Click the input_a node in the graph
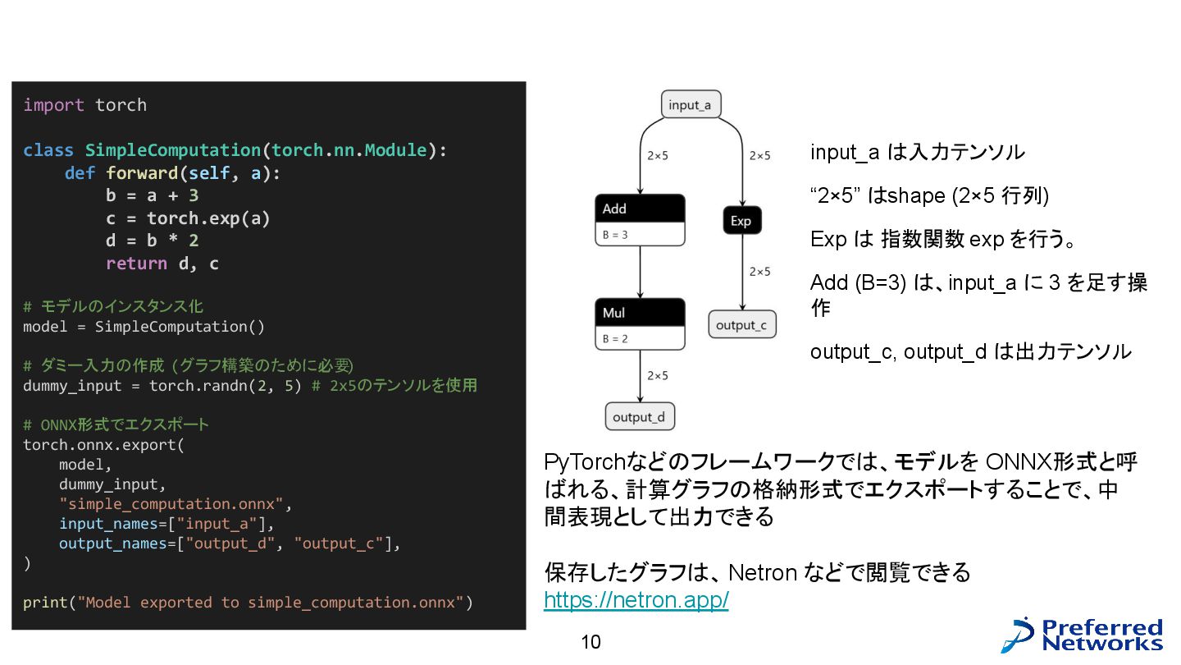691,104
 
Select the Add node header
640,209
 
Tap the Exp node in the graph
741,221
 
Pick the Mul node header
640,313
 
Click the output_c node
741,325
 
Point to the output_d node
639,416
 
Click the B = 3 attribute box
640,235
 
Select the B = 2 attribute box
640,338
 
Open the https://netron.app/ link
636,600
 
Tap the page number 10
590,642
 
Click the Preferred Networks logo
1083,635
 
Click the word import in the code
53,105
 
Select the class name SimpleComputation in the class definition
172,150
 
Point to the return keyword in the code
136,264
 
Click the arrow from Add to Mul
640,273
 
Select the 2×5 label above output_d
657,375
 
